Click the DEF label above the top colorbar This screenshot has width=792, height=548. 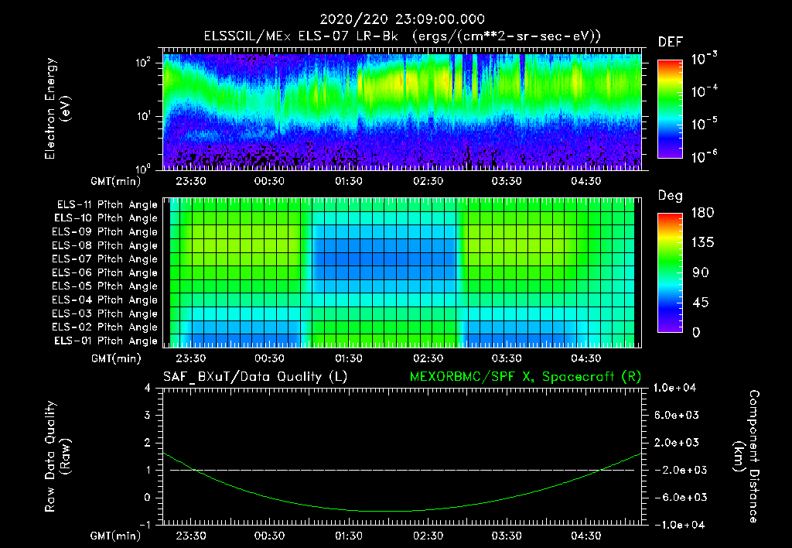pyautogui.click(x=670, y=42)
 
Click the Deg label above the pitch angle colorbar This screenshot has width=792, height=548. pyautogui.click(x=670, y=196)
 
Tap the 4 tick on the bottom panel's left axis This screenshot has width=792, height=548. pyautogui.click(x=148, y=388)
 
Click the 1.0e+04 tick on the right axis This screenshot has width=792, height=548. pyautogui.click(x=677, y=388)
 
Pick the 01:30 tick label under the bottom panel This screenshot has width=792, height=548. pyautogui.click(x=349, y=535)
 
